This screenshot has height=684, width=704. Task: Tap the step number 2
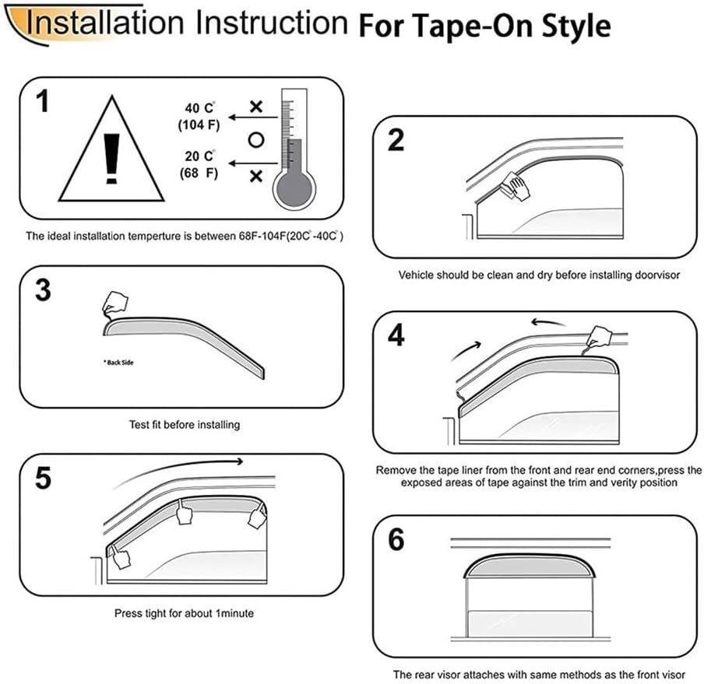click(396, 141)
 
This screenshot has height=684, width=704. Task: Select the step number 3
click(44, 290)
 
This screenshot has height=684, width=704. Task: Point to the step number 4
click(396, 335)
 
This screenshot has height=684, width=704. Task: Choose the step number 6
click(396, 538)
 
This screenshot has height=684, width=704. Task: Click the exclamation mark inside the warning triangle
click(111, 156)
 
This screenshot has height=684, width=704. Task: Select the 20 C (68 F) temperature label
click(199, 163)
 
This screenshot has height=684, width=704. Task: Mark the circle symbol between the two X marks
click(254, 140)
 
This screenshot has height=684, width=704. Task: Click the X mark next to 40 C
click(255, 104)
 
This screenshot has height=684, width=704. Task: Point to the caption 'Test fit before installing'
click(185, 425)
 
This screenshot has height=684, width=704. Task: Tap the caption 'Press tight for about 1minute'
click(184, 613)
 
